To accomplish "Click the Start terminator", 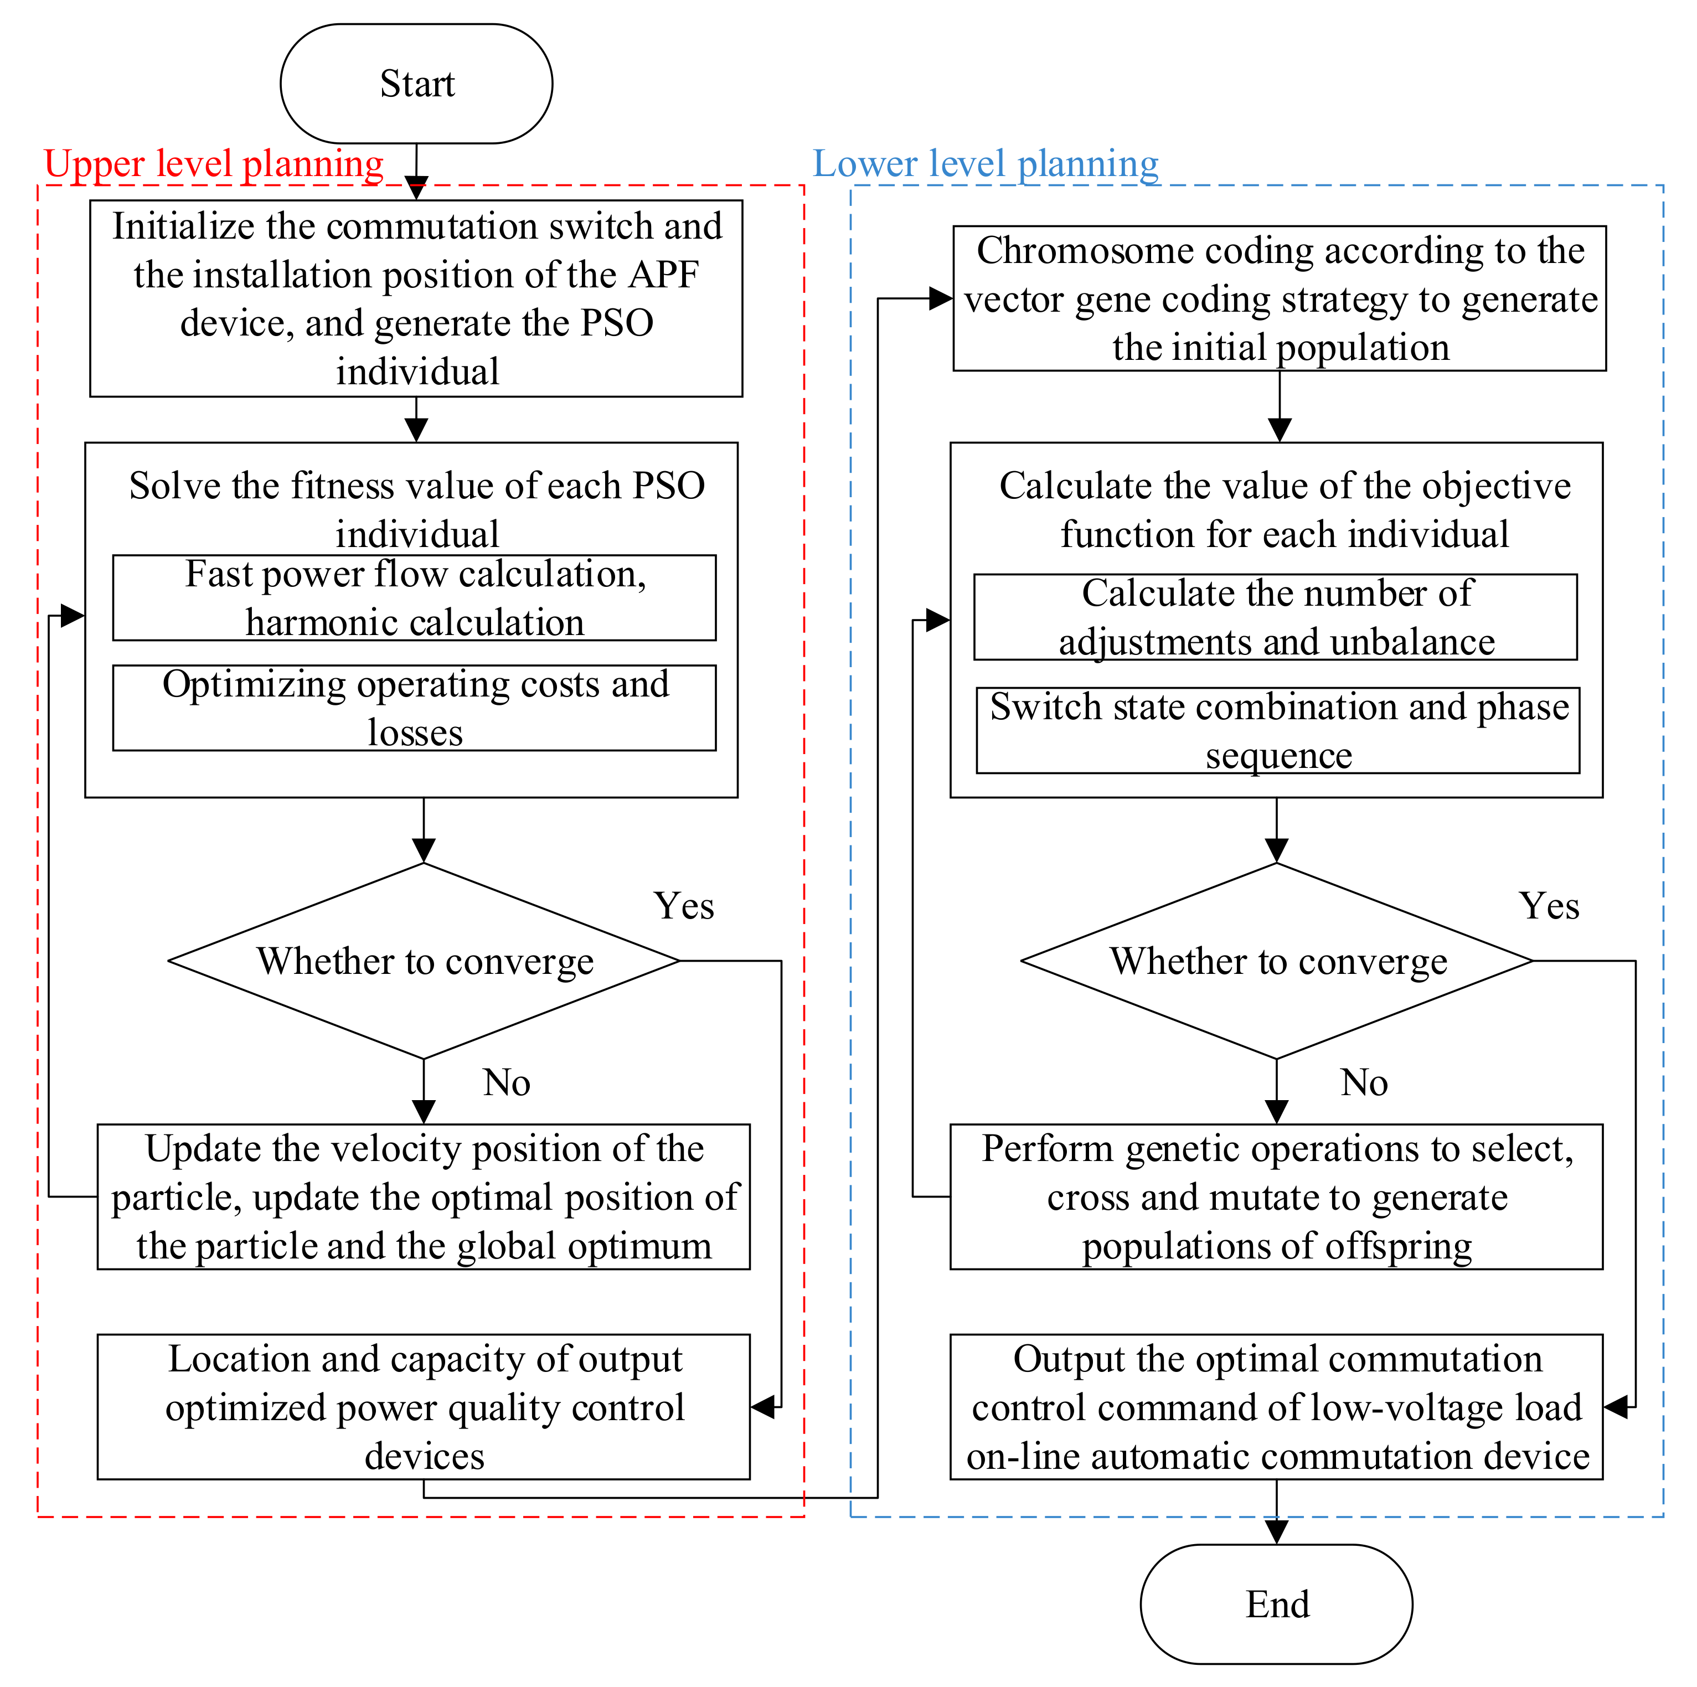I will pyautogui.click(x=416, y=84).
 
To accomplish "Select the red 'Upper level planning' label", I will pyautogui.click(x=214, y=164).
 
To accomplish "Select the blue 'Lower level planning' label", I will pyautogui.click(x=986, y=164).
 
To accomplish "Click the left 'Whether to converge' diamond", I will pyautogui.click(x=424, y=961).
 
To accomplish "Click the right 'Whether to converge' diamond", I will pyautogui.click(x=1276, y=961).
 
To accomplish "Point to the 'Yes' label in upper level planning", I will pyautogui.click(x=683, y=906).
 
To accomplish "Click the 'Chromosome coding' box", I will pyautogui.click(x=1280, y=298).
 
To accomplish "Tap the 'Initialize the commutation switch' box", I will pyautogui.click(x=416, y=298).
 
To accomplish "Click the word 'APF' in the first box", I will pyautogui.click(x=663, y=275).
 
